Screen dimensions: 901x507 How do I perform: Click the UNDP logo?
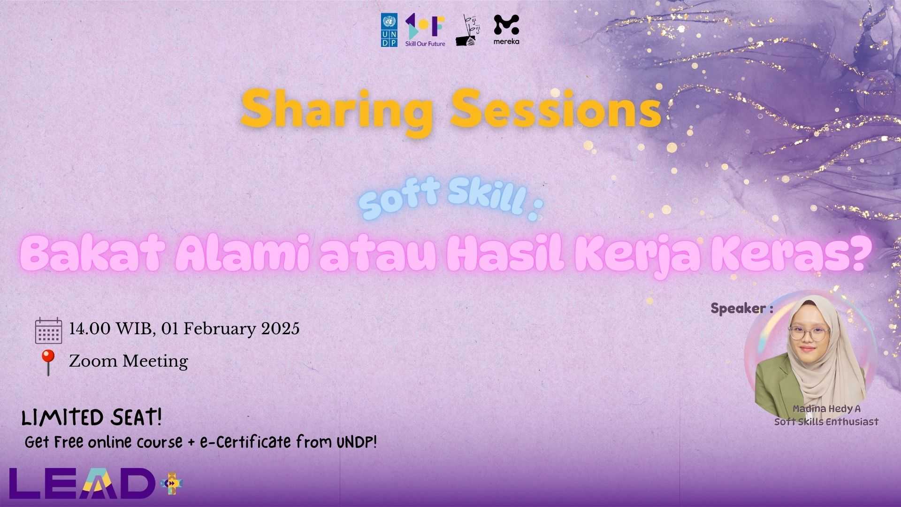(389, 30)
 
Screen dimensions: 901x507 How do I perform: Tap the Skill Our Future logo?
(425, 30)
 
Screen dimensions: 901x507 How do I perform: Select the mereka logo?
(506, 30)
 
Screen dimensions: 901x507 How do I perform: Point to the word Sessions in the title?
(556, 109)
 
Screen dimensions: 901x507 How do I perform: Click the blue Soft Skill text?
(443, 200)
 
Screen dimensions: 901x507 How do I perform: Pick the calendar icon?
(48, 330)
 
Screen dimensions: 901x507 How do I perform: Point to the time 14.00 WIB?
(110, 329)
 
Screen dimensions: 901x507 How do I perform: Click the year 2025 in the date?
(280, 329)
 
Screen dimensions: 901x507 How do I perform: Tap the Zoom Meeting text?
(129, 361)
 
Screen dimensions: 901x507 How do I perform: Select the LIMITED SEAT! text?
(92, 417)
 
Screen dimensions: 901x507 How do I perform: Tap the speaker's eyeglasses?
(809, 334)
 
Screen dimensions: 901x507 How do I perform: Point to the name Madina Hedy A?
(826, 409)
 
